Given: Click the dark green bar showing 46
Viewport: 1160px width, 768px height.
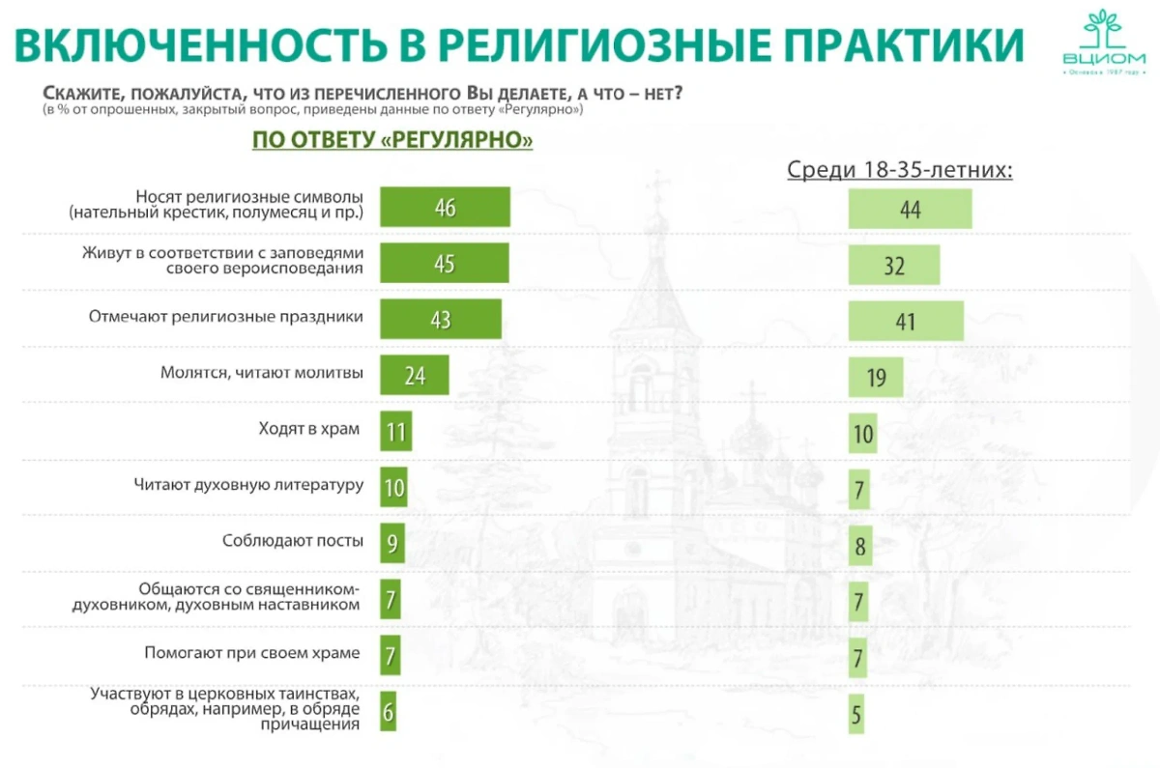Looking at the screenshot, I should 445,208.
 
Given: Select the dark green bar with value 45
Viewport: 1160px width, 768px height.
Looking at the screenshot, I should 444,263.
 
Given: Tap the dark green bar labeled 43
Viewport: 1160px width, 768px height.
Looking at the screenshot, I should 441,319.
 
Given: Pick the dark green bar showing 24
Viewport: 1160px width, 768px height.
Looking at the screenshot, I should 415,375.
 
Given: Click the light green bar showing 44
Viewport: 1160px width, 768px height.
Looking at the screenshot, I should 910,209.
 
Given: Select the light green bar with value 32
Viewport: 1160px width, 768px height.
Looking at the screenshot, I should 894,265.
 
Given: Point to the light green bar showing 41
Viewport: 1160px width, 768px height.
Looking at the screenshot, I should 906,321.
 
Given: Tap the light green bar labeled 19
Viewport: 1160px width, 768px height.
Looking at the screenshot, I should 876,377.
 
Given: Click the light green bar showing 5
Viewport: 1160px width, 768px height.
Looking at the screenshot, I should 855,715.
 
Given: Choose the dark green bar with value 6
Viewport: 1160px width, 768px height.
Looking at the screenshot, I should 389,713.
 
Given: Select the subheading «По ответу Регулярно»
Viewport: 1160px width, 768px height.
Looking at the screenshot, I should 392,140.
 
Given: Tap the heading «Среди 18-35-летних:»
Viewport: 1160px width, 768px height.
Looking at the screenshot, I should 900,171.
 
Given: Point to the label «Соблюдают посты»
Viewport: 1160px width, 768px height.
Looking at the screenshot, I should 293,541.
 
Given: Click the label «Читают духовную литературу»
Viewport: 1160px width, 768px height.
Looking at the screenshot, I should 248,485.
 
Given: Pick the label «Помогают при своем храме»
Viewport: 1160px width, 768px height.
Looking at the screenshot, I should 251,653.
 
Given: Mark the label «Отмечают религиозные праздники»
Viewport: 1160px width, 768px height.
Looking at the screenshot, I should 226,317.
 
